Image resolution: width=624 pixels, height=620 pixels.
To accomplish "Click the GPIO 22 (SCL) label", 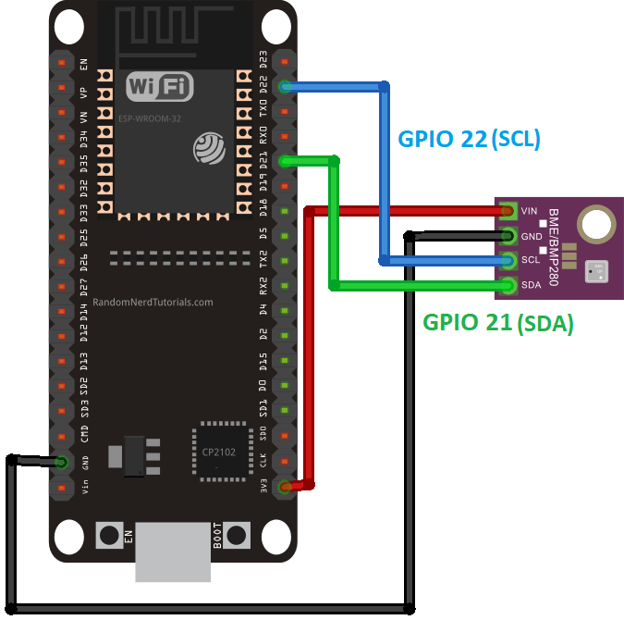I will pyautogui.click(x=469, y=139).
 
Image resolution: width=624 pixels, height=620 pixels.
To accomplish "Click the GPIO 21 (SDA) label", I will pyautogui.click(x=498, y=323).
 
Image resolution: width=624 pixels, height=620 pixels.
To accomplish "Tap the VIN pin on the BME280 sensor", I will pyautogui.click(x=507, y=211).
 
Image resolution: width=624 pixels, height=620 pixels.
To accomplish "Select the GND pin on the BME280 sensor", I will pyautogui.click(x=507, y=235).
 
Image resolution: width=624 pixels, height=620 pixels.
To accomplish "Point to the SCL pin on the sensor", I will pyautogui.click(x=507, y=260).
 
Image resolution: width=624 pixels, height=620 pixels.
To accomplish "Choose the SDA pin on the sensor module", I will pyautogui.click(x=507, y=284).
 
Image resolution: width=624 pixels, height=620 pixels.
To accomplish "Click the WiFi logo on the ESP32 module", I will pyautogui.click(x=160, y=88).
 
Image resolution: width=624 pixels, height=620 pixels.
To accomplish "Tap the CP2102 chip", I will pyautogui.click(x=222, y=452).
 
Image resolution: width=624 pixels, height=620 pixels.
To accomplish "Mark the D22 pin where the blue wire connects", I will pyautogui.click(x=286, y=87).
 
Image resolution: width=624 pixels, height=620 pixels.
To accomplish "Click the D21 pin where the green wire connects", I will pyautogui.click(x=286, y=162).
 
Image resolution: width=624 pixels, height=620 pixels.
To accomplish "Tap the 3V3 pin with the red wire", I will pyautogui.click(x=286, y=486).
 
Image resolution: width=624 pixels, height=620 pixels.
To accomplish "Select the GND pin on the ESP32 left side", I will pyautogui.click(x=61, y=461).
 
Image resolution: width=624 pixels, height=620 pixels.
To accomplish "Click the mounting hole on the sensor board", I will pyautogui.click(x=594, y=223).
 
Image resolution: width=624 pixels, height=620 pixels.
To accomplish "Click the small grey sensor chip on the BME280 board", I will pyautogui.click(x=597, y=270).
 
